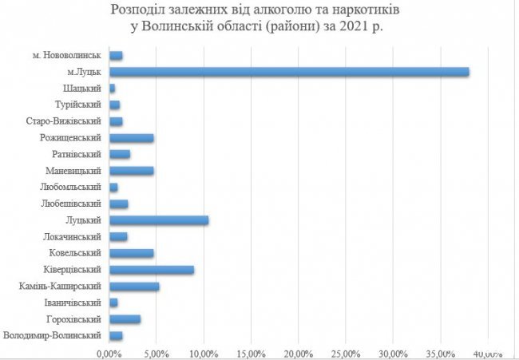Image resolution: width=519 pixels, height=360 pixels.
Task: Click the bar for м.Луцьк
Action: (x=289, y=72)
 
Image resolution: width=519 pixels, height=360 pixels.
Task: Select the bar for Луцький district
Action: (x=159, y=220)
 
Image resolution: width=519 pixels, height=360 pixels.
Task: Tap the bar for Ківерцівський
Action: (x=152, y=270)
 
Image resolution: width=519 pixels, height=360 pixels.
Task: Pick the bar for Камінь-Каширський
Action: (x=134, y=287)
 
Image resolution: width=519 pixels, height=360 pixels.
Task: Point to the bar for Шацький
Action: (x=113, y=88)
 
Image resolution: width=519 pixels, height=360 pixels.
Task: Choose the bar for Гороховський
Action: (x=125, y=319)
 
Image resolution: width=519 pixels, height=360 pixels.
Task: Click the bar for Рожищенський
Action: (x=132, y=137)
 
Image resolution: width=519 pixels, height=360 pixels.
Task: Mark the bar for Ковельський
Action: (x=132, y=253)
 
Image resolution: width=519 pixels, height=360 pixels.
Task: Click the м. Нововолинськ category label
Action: (x=66, y=55)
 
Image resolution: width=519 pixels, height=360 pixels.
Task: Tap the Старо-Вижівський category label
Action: (x=64, y=121)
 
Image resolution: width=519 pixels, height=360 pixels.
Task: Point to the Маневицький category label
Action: (x=74, y=171)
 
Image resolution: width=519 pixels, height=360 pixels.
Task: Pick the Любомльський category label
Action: (x=71, y=188)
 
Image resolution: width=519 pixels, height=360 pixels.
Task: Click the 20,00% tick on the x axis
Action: (x=298, y=352)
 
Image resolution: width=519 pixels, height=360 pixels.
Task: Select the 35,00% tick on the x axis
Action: (x=439, y=352)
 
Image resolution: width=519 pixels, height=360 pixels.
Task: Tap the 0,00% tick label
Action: (x=109, y=352)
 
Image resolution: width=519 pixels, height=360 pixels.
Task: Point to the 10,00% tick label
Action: (x=204, y=352)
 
